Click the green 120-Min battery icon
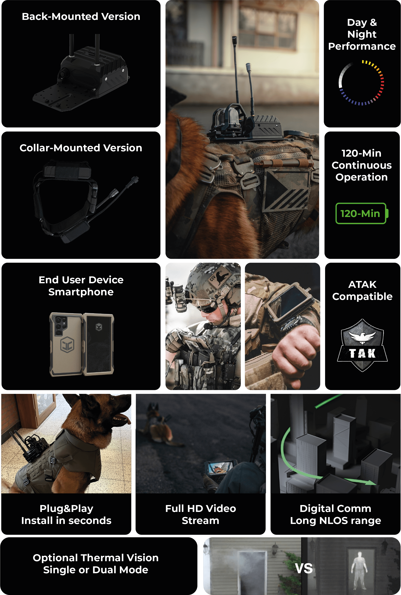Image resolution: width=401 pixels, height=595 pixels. [362, 213]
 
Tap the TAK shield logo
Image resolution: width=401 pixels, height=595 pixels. [362, 345]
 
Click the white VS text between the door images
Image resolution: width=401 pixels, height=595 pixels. [304, 568]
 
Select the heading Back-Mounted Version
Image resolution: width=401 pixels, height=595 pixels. [81, 17]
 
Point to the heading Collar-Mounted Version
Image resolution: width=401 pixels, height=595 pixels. [81, 148]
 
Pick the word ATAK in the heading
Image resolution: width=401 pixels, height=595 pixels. [362, 284]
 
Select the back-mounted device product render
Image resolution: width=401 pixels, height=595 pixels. [81, 73]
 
